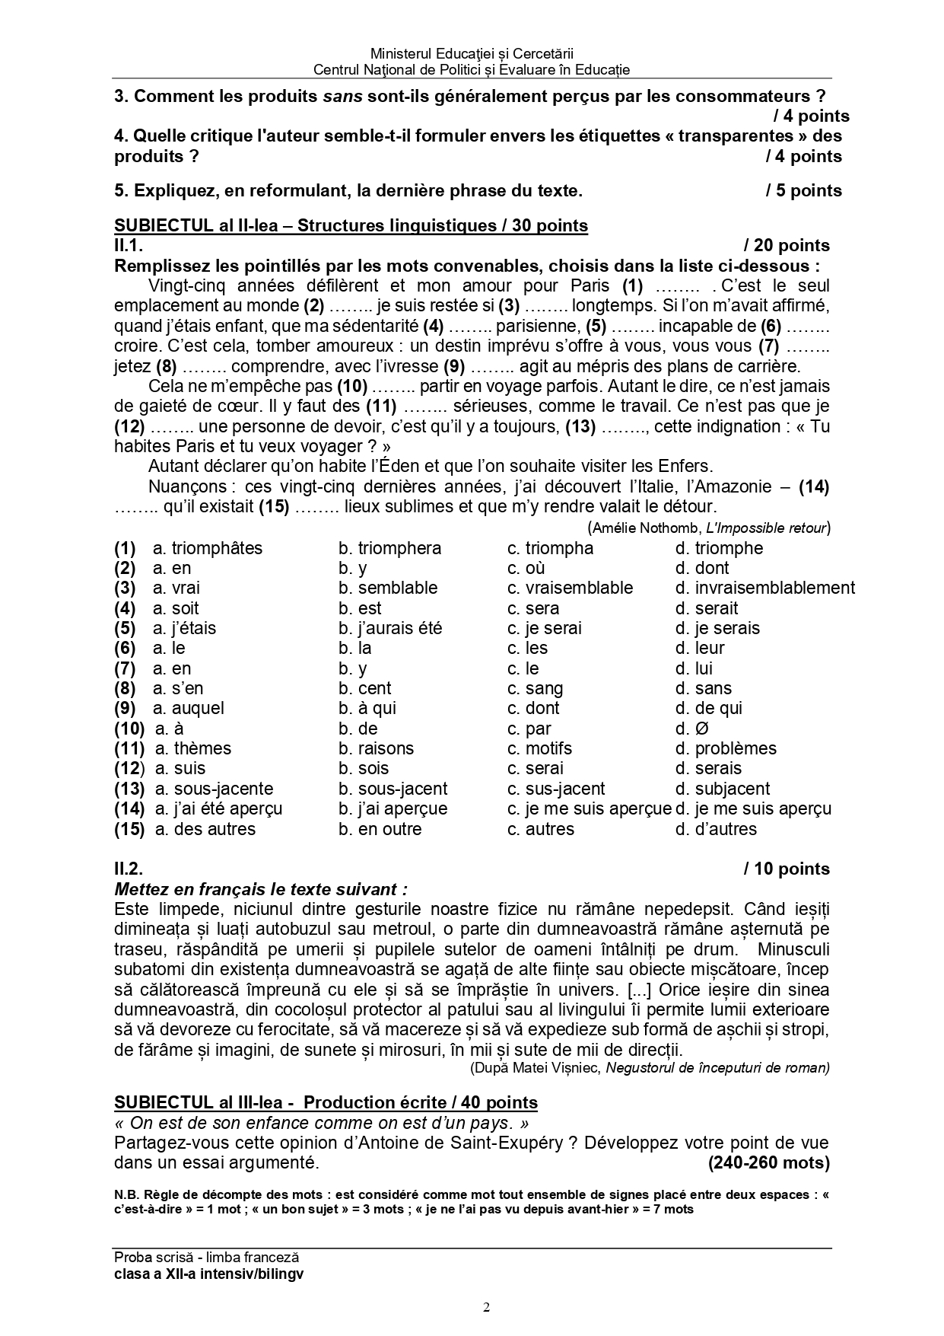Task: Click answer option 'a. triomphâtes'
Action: (208, 548)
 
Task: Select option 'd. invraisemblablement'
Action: (764, 588)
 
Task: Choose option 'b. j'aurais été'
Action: (390, 628)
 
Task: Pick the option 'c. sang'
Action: (536, 688)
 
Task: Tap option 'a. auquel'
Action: (189, 708)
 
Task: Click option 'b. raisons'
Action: (377, 748)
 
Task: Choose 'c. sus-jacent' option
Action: (556, 789)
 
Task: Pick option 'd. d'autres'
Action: (716, 829)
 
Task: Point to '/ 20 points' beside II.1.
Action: (787, 245)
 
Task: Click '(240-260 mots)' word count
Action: (768, 1163)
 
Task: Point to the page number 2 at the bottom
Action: (487, 1308)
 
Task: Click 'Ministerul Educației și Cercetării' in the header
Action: (472, 53)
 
